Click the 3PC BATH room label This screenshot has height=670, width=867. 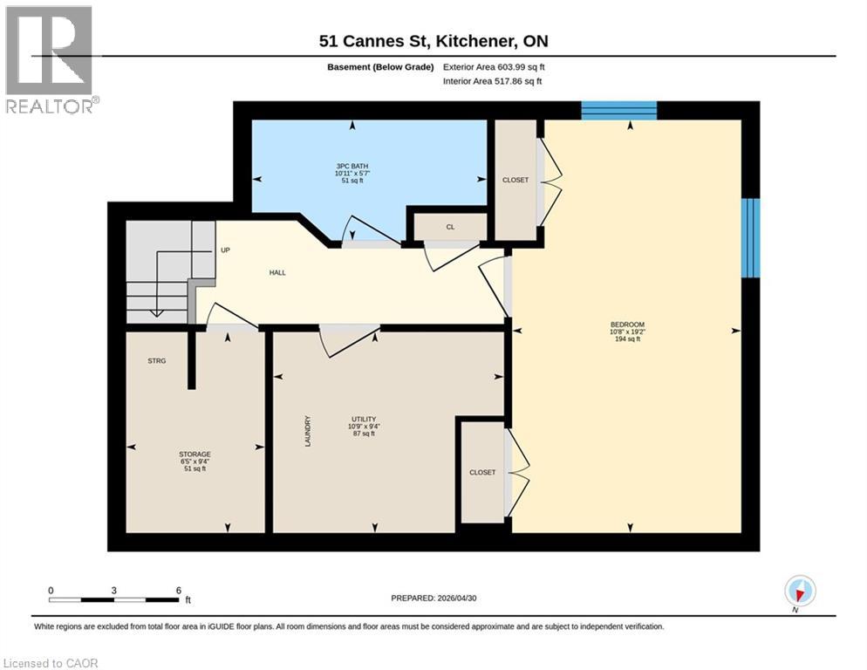[352, 166]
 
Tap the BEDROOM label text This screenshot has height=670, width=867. [627, 325]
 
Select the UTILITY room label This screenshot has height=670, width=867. [363, 420]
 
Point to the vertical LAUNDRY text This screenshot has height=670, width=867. [307, 431]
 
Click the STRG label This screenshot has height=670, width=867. [156, 360]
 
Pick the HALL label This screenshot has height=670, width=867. [277, 272]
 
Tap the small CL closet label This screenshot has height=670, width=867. [450, 227]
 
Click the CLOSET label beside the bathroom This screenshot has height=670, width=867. [515, 180]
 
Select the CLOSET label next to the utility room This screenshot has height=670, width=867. [482, 472]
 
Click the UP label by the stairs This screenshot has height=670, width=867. [225, 250]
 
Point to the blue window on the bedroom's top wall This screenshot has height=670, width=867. [618, 110]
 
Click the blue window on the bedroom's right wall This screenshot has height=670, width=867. [750, 238]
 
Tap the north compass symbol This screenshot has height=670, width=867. [800, 591]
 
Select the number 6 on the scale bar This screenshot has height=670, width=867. [179, 591]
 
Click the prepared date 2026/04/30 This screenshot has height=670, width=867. [457, 598]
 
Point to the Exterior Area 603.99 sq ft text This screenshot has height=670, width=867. [494, 67]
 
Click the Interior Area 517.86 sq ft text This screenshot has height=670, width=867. [492, 81]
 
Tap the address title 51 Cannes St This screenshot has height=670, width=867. [375, 41]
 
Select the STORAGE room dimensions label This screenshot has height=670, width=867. [195, 461]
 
